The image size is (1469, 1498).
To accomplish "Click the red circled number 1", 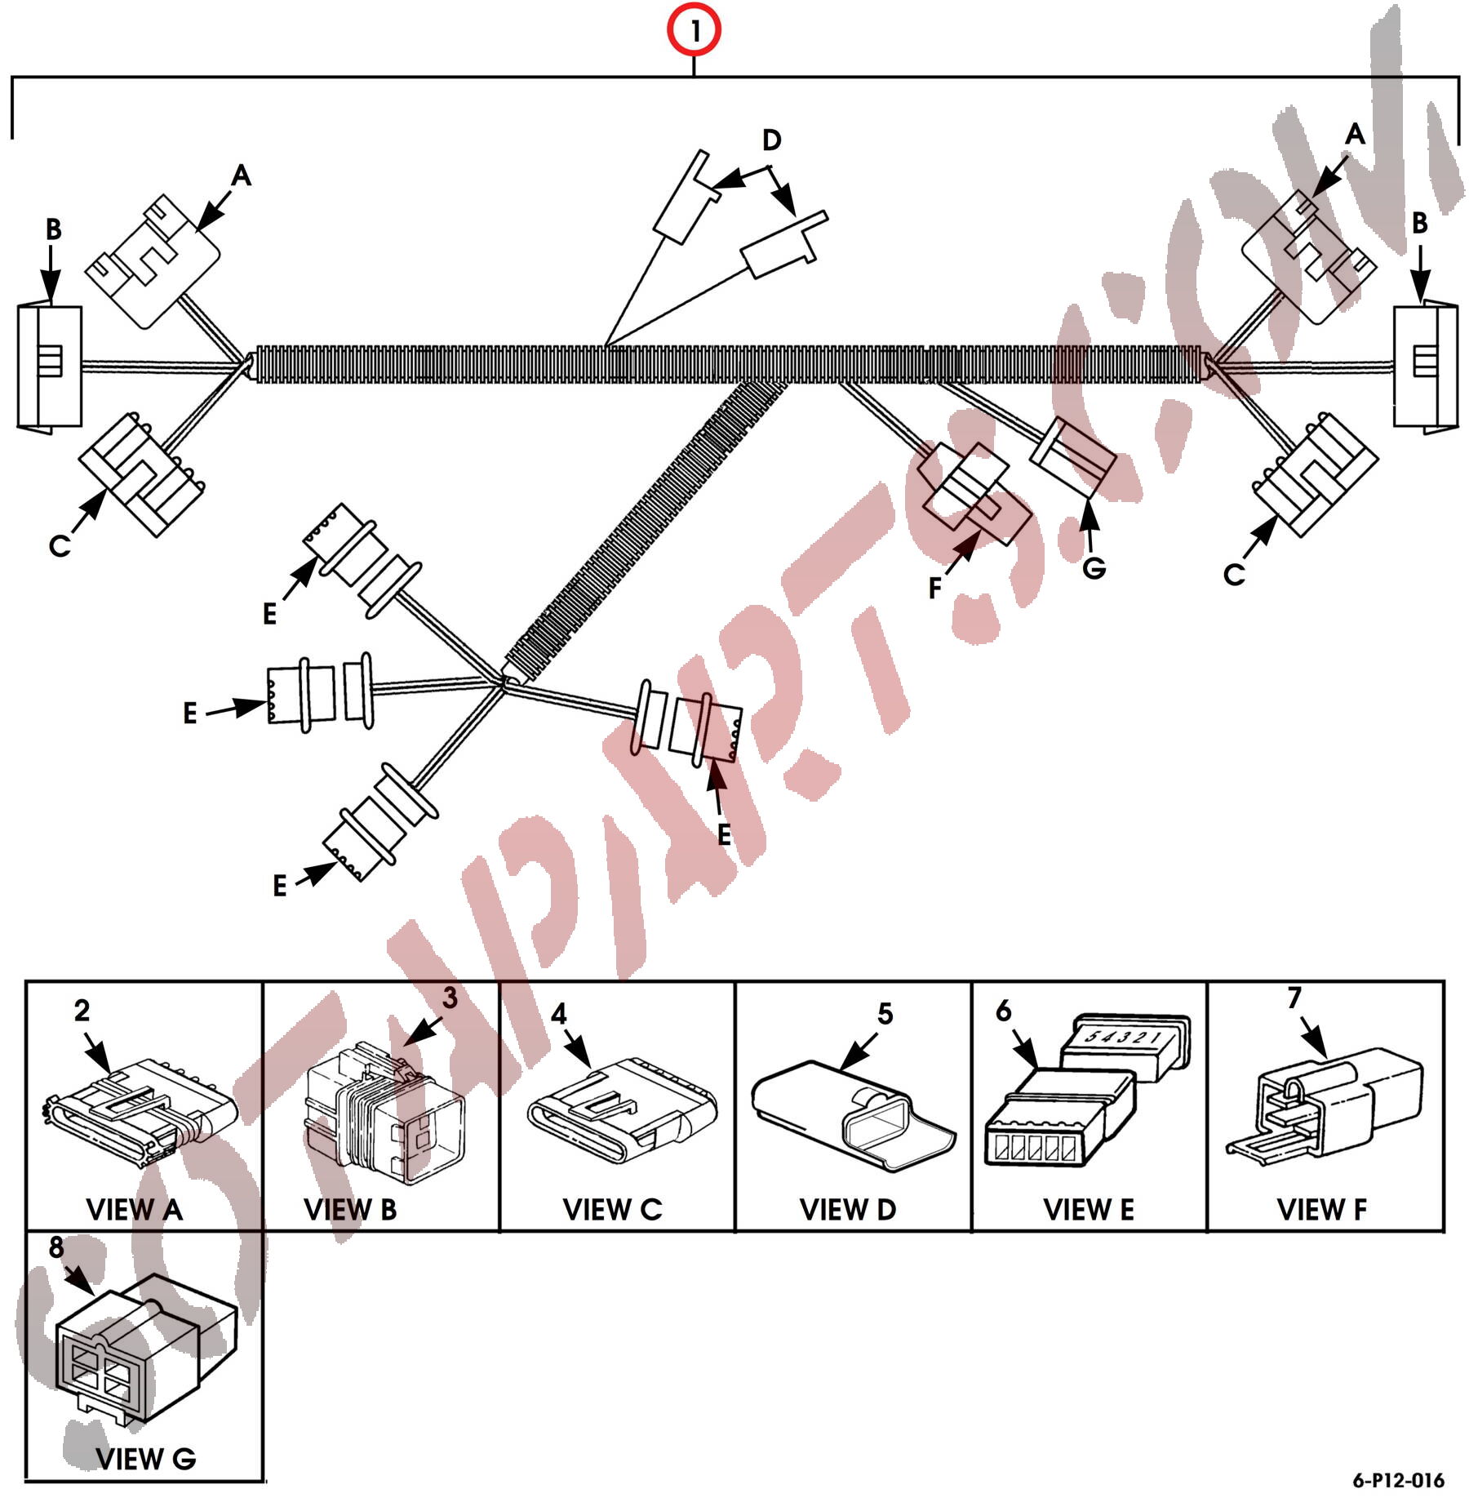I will (x=694, y=30).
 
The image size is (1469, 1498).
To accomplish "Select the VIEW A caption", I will (x=135, y=1209).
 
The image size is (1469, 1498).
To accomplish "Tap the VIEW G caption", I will (x=146, y=1458).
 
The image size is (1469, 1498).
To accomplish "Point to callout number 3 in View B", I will (x=450, y=998).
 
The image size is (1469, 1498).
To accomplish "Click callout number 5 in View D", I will (x=885, y=1014).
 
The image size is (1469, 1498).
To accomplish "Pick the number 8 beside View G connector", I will (x=56, y=1247).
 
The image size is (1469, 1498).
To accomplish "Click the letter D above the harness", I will (x=771, y=140).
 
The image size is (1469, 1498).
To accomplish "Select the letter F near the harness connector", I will (x=935, y=588).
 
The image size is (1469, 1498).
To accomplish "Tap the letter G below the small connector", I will (x=1094, y=568).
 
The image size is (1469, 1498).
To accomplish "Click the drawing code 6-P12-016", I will (x=1398, y=1480).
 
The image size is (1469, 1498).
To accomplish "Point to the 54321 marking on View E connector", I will (x=1124, y=1038).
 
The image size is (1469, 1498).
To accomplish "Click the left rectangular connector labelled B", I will (x=50, y=367).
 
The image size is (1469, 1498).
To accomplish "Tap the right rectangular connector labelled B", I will (x=1424, y=367).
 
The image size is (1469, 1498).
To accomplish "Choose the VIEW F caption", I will (x=1321, y=1209).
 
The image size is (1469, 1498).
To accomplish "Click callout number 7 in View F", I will (x=1294, y=998).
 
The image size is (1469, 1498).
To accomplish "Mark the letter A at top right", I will (x=1355, y=134).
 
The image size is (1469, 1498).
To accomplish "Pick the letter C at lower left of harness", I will (x=60, y=545).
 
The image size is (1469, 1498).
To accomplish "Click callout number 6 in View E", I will (x=1004, y=1011).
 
